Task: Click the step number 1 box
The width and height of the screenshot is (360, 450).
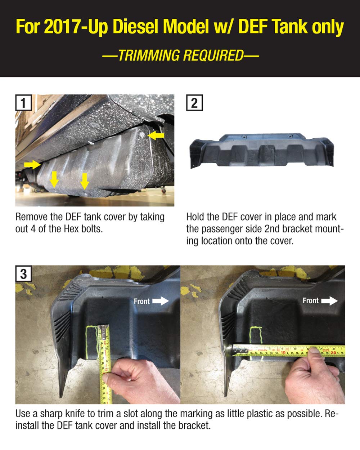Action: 23,102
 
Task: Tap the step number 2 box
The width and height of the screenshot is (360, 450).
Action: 194,102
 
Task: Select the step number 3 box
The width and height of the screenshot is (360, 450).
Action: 23,273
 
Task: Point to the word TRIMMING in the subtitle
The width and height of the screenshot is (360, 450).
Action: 149,55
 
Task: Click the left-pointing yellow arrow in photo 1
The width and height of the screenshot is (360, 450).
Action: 156,135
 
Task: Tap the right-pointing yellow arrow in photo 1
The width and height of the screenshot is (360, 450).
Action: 33,165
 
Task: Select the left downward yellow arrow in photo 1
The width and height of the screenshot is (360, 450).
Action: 54,179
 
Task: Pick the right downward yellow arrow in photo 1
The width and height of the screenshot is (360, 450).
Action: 84,181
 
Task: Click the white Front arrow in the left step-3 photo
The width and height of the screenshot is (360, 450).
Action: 161,301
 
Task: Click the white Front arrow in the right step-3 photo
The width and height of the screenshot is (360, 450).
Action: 329,301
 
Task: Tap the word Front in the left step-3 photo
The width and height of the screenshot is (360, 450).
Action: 141,301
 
